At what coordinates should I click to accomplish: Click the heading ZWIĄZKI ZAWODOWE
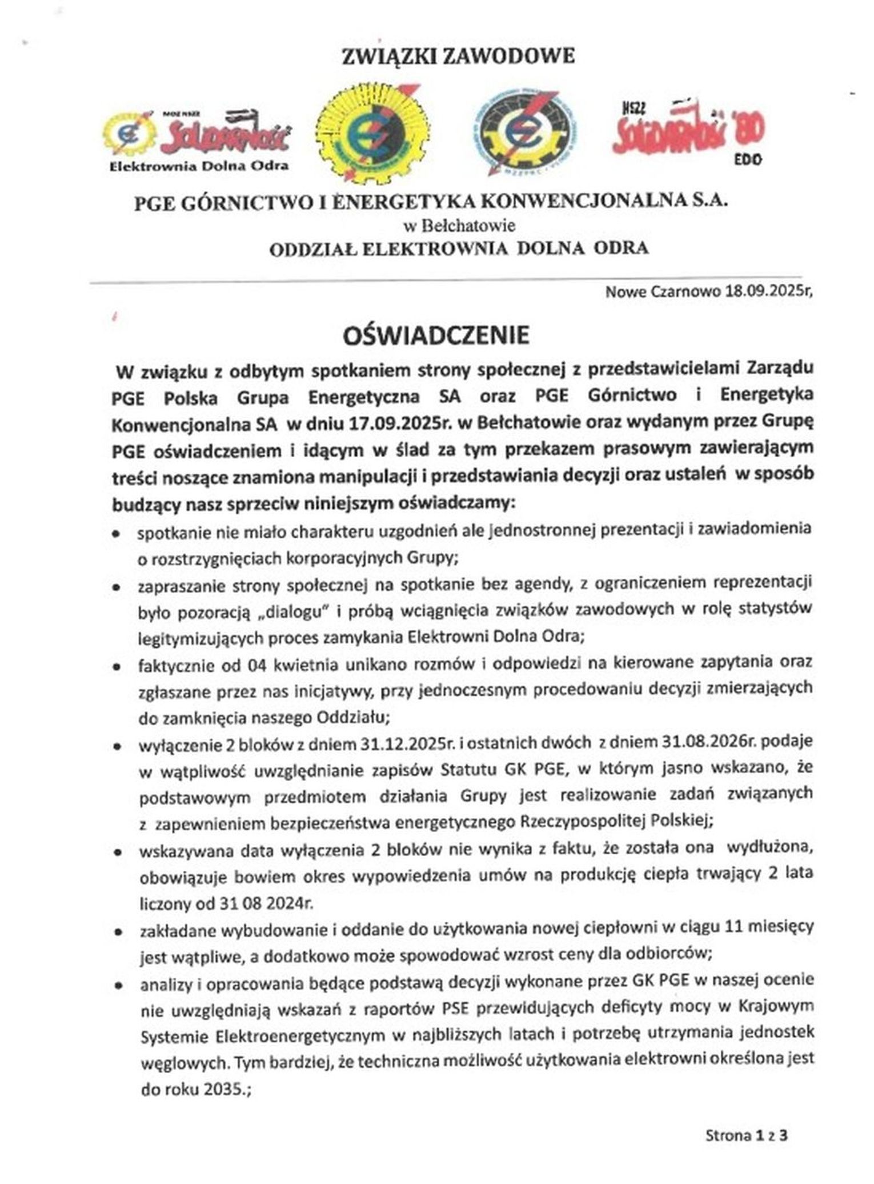pyautogui.click(x=458, y=57)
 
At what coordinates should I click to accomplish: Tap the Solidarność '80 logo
pyautogui.click(x=688, y=131)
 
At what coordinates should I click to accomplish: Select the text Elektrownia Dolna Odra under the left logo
pyautogui.click(x=199, y=166)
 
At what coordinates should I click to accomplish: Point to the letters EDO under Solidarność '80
pyautogui.click(x=748, y=160)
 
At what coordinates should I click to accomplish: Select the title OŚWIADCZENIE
pyautogui.click(x=436, y=336)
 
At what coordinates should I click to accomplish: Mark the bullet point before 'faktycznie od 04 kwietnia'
pyautogui.click(x=117, y=667)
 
